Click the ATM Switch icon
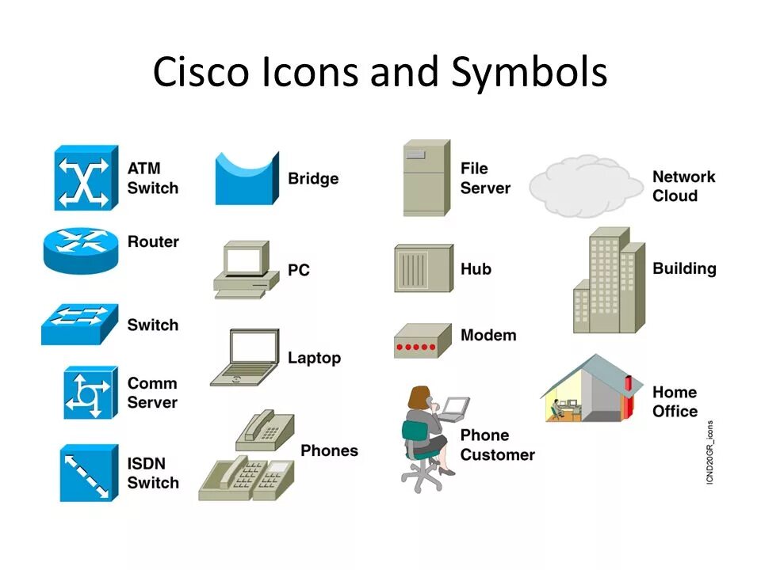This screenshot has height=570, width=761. [x=86, y=177]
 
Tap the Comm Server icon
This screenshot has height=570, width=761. [x=90, y=393]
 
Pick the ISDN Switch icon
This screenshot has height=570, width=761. [x=88, y=473]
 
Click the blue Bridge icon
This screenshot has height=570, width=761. [x=247, y=179]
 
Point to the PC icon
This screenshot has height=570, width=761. [x=246, y=269]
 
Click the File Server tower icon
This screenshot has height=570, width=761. [x=426, y=178]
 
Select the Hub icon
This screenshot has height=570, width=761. [x=423, y=268]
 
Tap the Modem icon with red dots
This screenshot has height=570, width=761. [x=422, y=340]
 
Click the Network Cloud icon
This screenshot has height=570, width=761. [x=586, y=187]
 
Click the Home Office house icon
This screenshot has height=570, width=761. [x=591, y=389]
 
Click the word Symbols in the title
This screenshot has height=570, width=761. [x=530, y=73]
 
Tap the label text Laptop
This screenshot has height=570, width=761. [x=314, y=358]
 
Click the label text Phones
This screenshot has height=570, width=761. [x=329, y=450]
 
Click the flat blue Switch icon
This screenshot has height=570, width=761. [x=79, y=324]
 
